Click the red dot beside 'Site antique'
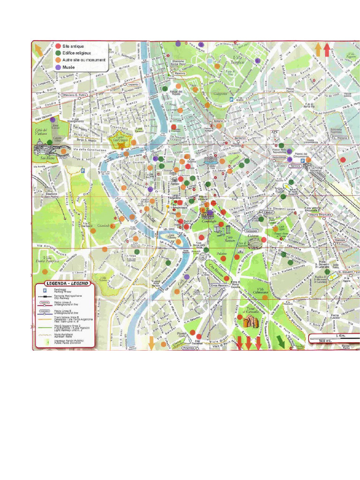pyautogui.click(x=58, y=46)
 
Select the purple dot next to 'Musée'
pyautogui.click(x=58, y=67)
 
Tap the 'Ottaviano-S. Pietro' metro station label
pyautogui.click(x=75, y=95)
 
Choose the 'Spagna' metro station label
pyautogui.click(x=218, y=121)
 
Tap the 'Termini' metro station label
pyautogui.click(x=295, y=166)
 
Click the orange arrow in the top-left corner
pyautogui.click(x=38, y=48)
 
